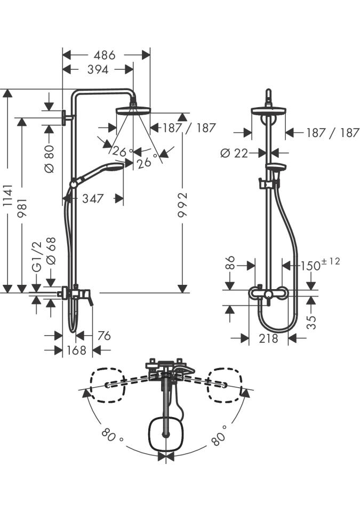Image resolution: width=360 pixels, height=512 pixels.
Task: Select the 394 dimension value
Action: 94,69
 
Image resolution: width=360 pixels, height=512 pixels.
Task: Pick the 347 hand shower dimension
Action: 93,199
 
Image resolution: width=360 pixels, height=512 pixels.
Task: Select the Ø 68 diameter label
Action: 51,250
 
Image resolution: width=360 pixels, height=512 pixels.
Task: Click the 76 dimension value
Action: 104,335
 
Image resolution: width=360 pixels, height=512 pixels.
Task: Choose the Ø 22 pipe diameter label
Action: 235,153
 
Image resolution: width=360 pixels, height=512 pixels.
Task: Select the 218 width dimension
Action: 268,338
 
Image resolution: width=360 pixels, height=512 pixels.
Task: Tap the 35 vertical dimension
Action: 312,321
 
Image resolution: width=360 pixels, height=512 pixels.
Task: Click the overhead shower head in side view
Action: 133,110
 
